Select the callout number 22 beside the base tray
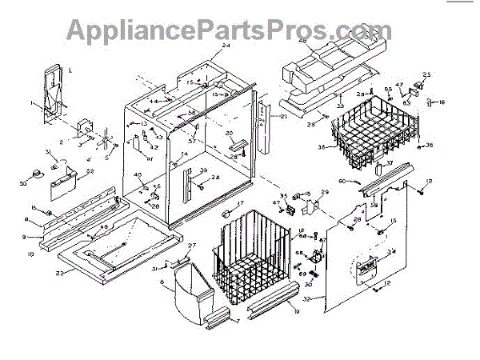click(x=60, y=273)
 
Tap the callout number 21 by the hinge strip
click(x=282, y=117)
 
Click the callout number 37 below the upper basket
click(x=390, y=164)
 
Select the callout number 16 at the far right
click(x=442, y=102)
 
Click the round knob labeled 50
click(x=38, y=174)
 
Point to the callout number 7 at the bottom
click(x=237, y=321)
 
